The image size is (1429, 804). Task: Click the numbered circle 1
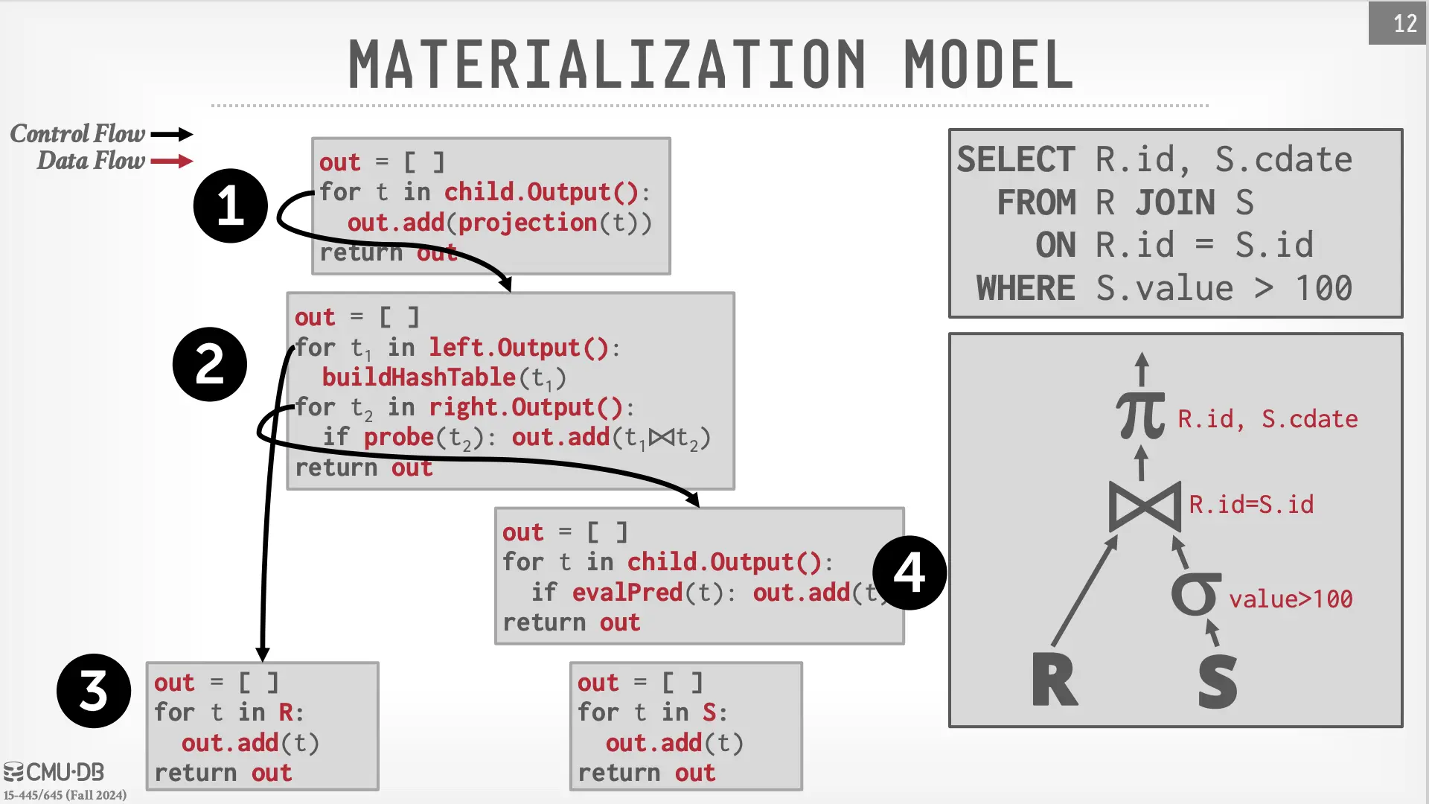point(230,205)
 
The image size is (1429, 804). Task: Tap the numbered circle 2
point(210,364)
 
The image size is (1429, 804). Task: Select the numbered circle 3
point(94,691)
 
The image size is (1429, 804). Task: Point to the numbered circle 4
point(909,572)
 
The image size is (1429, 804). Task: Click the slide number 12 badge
point(1398,23)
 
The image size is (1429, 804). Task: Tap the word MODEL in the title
point(988,65)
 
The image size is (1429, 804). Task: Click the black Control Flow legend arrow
point(172,134)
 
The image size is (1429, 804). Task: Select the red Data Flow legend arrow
point(172,161)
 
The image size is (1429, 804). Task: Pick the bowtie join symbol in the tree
point(1144,506)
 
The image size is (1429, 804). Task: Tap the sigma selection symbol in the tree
point(1195,594)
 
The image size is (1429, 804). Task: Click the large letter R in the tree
point(1054,680)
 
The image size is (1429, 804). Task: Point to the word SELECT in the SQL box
point(1016,160)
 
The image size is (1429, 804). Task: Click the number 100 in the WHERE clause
point(1323,289)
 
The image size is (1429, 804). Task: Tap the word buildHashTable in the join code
point(419,377)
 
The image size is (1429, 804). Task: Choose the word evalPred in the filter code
point(627,593)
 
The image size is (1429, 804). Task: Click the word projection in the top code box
point(527,223)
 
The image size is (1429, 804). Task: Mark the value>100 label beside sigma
point(1291,599)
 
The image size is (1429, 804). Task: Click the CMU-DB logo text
point(55,772)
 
